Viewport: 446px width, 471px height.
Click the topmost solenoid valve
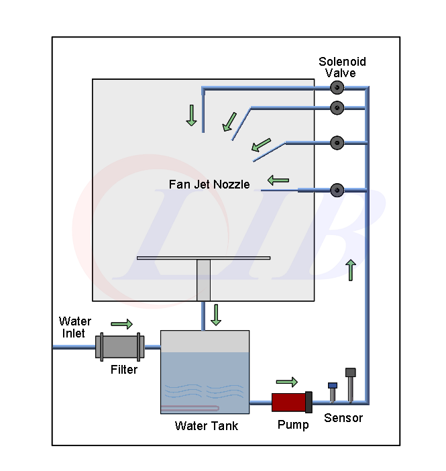point(337,88)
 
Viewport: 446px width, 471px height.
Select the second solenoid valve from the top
point(337,106)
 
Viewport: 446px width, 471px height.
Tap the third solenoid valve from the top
point(337,142)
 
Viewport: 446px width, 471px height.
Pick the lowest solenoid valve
point(337,189)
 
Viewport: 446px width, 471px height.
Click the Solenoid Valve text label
point(342,67)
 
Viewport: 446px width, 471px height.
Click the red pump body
point(289,402)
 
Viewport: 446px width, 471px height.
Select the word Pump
point(293,425)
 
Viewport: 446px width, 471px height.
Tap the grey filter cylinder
point(119,346)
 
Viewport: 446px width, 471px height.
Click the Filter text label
point(124,370)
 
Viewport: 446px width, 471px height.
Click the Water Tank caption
point(206,425)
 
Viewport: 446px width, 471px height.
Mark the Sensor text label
point(343,418)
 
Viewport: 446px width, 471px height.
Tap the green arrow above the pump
point(286,382)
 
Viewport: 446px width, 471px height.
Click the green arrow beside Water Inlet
point(121,324)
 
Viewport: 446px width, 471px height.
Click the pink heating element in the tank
point(191,409)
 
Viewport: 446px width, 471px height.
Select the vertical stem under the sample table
point(203,280)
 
